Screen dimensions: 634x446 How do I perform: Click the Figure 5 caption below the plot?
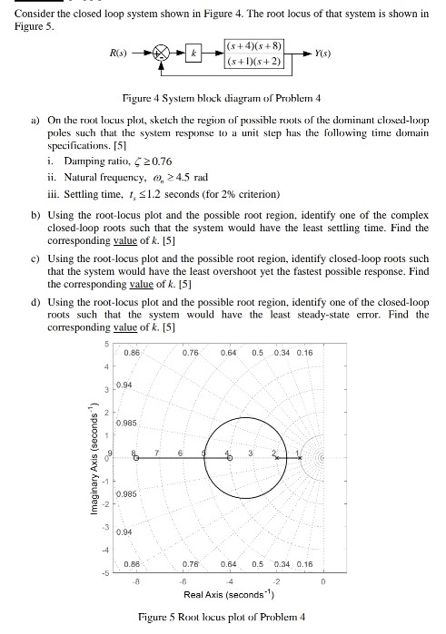[x=222, y=617]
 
